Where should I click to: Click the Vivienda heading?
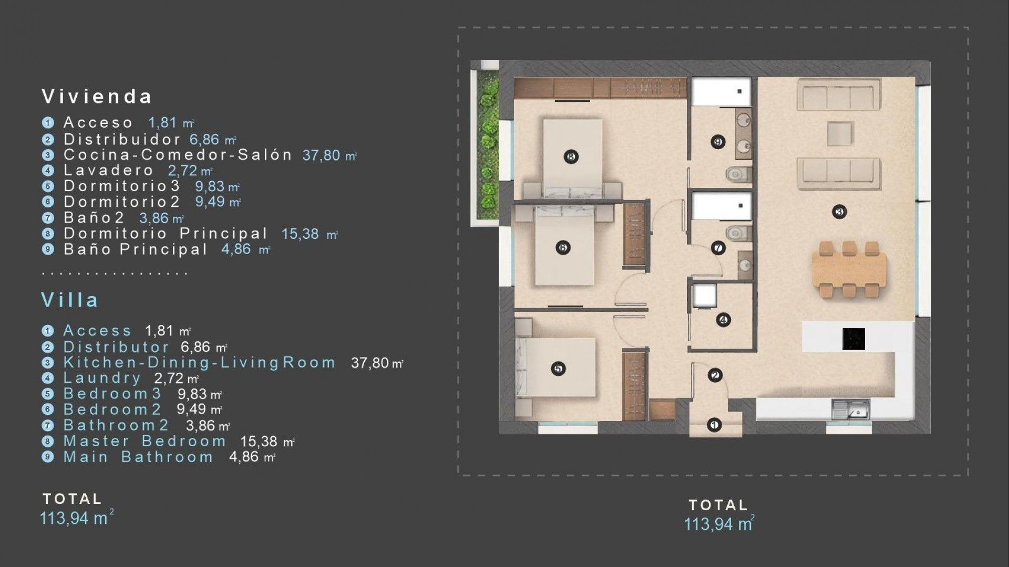(x=97, y=97)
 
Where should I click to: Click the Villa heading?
(x=70, y=300)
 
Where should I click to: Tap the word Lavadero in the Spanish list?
(x=108, y=171)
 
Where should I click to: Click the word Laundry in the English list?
(x=102, y=378)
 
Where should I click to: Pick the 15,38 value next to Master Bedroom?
(x=259, y=442)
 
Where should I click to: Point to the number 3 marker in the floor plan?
(x=839, y=212)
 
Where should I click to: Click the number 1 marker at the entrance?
(x=714, y=425)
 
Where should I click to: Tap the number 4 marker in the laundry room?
(x=724, y=320)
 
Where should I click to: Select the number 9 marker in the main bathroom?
(x=718, y=142)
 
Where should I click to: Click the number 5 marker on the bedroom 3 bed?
(x=558, y=369)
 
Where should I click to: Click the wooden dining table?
(x=849, y=270)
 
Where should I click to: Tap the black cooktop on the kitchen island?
(x=853, y=339)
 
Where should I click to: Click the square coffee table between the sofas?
(x=840, y=133)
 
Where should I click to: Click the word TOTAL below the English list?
(x=72, y=499)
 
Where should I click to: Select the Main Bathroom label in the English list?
(x=138, y=457)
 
